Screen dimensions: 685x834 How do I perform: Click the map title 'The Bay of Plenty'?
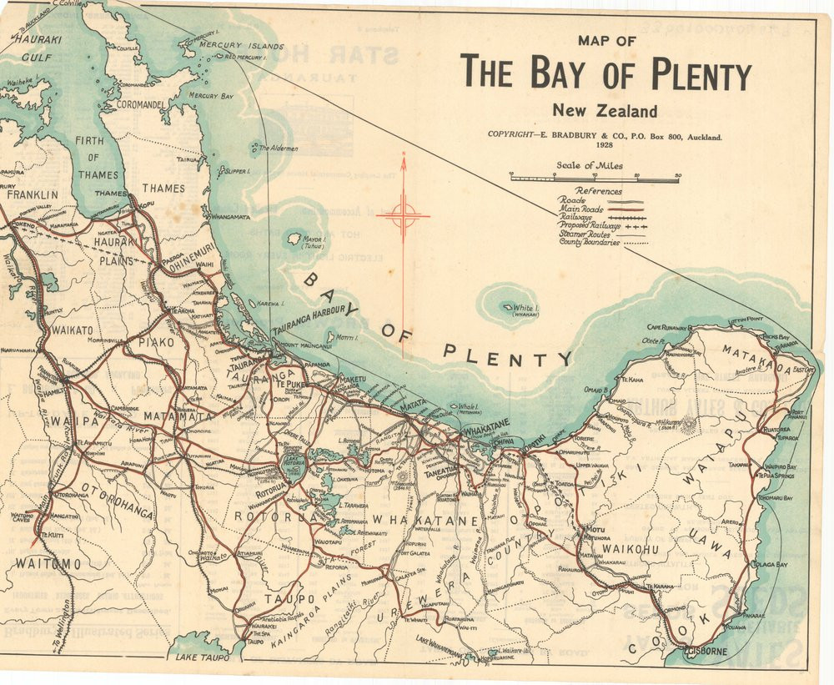tap(606, 73)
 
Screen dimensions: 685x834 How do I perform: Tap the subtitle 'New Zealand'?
tap(605, 111)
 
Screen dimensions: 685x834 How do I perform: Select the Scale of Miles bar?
tap(595, 178)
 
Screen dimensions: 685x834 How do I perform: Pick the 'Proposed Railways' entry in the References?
tap(589, 225)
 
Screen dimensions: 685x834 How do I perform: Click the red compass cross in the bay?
tap(403, 216)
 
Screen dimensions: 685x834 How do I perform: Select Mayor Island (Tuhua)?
tap(294, 239)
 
